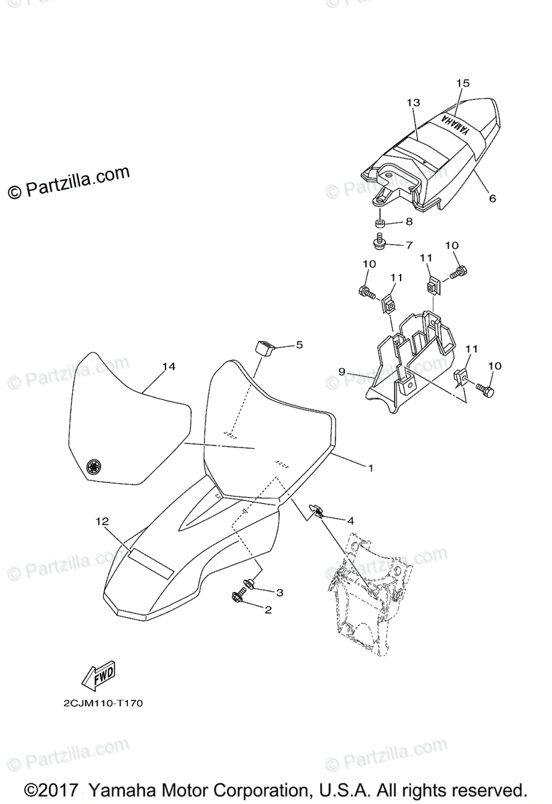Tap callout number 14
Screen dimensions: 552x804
click(x=168, y=366)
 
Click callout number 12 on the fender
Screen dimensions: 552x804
click(x=101, y=521)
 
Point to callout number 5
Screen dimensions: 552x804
click(x=299, y=344)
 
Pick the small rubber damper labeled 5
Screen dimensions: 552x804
click(x=264, y=349)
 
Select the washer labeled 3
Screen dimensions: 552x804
click(x=248, y=584)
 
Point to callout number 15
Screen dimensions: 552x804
click(x=463, y=83)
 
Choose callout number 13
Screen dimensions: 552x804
click(x=413, y=103)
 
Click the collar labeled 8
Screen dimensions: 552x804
click(x=380, y=222)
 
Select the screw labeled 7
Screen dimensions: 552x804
click(x=379, y=241)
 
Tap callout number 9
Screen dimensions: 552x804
click(x=341, y=371)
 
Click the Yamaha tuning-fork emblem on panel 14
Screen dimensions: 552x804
click(x=94, y=466)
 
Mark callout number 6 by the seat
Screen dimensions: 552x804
click(x=492, y=198)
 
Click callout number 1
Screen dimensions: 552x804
click(x=370, y=468)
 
